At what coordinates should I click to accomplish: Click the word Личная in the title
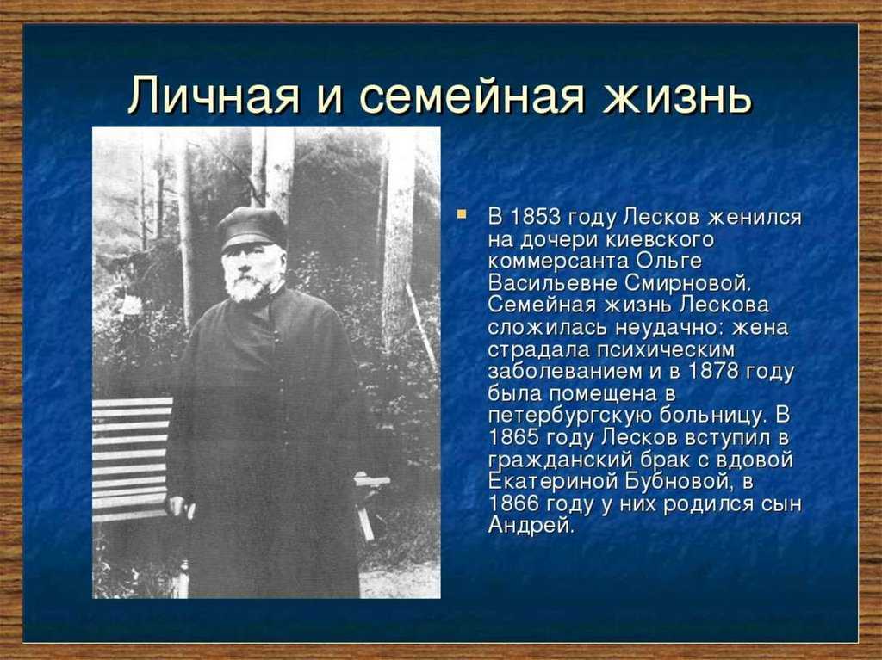[213, 95]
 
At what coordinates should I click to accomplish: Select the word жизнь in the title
[677, 95]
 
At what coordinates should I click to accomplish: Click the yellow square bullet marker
[462, 213]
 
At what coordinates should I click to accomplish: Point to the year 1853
[535, 217]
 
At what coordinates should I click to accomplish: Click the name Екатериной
[550, 482]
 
